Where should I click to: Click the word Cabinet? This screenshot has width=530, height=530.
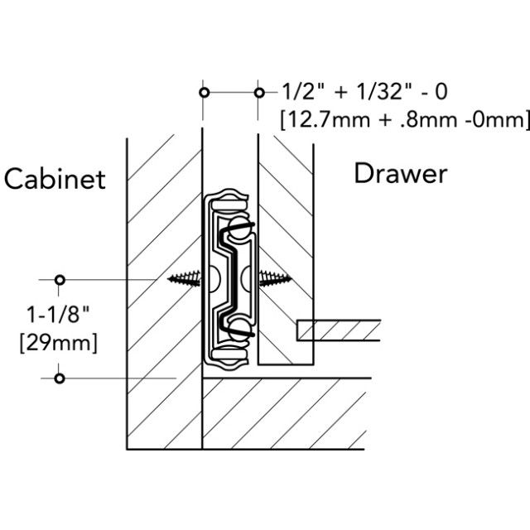55,179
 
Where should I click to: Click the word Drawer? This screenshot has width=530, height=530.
401,174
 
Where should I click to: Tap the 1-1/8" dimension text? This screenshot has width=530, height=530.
58,315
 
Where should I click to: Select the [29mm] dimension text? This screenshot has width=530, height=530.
58,341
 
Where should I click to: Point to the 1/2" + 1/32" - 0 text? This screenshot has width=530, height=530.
364,91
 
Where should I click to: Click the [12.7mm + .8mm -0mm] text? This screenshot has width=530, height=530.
403,119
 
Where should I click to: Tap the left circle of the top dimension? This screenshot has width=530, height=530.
203,92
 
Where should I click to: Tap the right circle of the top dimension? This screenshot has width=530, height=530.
259,92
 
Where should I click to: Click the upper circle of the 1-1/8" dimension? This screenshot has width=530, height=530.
59,279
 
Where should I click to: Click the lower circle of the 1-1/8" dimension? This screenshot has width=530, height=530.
59,378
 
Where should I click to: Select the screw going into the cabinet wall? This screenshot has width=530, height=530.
185,280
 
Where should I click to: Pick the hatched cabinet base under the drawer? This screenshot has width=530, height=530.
282,414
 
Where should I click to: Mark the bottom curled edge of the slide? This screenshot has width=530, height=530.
229,358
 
